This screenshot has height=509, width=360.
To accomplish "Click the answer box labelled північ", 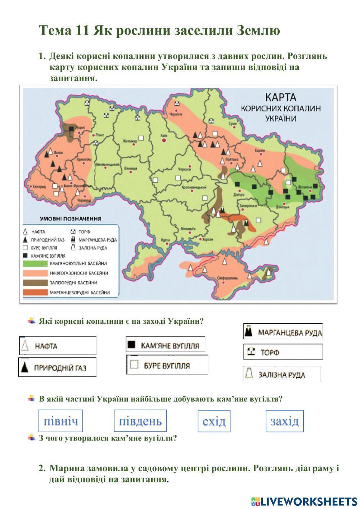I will tap(60, 421).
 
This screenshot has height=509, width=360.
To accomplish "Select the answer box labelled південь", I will tap(140, 421).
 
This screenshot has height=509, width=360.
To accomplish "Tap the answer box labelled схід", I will tap(214, 421).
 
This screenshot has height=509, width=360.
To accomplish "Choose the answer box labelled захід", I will tap(284, 421).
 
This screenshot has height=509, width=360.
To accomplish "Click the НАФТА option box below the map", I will tap(58, 346).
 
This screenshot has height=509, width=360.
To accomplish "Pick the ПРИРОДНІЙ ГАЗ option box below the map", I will tap(58, 367).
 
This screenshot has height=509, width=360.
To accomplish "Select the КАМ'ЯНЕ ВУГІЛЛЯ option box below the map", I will tap(166, 345).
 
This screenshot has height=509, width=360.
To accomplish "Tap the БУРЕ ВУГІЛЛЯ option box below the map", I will tap(167, 365).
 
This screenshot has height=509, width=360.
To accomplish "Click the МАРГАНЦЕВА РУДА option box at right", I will tap(283, 331).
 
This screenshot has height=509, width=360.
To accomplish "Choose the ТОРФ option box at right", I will tap(283, 352).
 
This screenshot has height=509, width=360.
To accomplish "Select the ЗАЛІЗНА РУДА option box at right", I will tap(282, 374).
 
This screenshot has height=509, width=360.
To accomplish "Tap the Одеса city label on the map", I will tap(165, 240).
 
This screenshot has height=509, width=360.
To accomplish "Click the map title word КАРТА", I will tap(280, 97).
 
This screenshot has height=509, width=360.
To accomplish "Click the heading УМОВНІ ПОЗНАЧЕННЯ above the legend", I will tap(71, 219).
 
